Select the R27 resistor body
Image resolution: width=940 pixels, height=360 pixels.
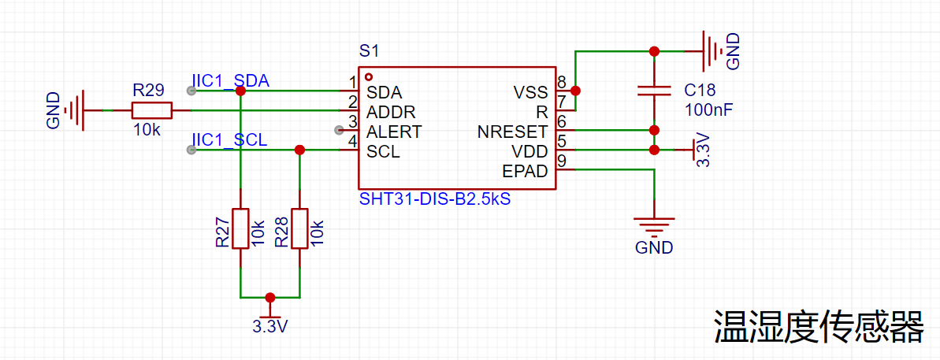coord(240,228)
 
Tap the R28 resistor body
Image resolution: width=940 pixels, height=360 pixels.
coord(299,228)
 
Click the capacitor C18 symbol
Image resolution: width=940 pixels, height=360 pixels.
coord(653,90)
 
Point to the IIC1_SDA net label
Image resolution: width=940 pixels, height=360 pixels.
coord(230,81)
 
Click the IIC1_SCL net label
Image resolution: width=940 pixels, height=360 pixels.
coord(229,140)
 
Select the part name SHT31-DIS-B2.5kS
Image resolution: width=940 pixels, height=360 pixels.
coord(435,199)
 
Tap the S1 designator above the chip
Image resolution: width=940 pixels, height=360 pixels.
coord(369,51)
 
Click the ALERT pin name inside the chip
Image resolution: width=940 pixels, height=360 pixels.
coord(394,131)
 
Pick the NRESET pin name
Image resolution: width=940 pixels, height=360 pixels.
coord(512,131)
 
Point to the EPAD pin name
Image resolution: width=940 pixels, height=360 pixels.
coord(525,171)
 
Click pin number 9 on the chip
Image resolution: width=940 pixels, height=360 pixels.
coord(561,162)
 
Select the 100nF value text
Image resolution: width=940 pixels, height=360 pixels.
coord(709,109)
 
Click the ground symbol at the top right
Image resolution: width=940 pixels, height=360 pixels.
coord(711,52)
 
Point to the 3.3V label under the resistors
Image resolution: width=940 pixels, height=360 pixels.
coord(270,325)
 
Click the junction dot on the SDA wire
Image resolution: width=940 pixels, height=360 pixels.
coord(240,91)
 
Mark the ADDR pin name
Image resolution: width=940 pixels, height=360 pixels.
coord(391,111)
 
